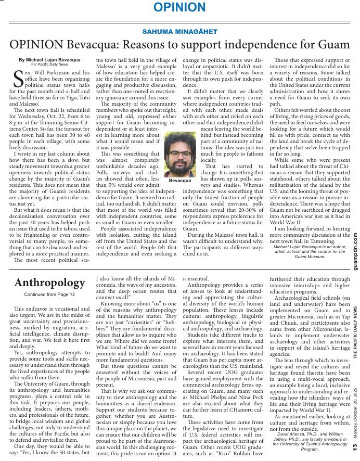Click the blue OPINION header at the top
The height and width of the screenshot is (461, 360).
pos(179,8)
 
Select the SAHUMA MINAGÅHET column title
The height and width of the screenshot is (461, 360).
pos(179,32)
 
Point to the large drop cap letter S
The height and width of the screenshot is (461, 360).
pos(17,79)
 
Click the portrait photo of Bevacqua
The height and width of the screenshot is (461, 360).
pos(180,155)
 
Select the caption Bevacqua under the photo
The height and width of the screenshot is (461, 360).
pos(180,181)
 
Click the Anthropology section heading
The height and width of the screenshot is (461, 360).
pos(49,283)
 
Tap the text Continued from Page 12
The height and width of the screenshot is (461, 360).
pos(49,294)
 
